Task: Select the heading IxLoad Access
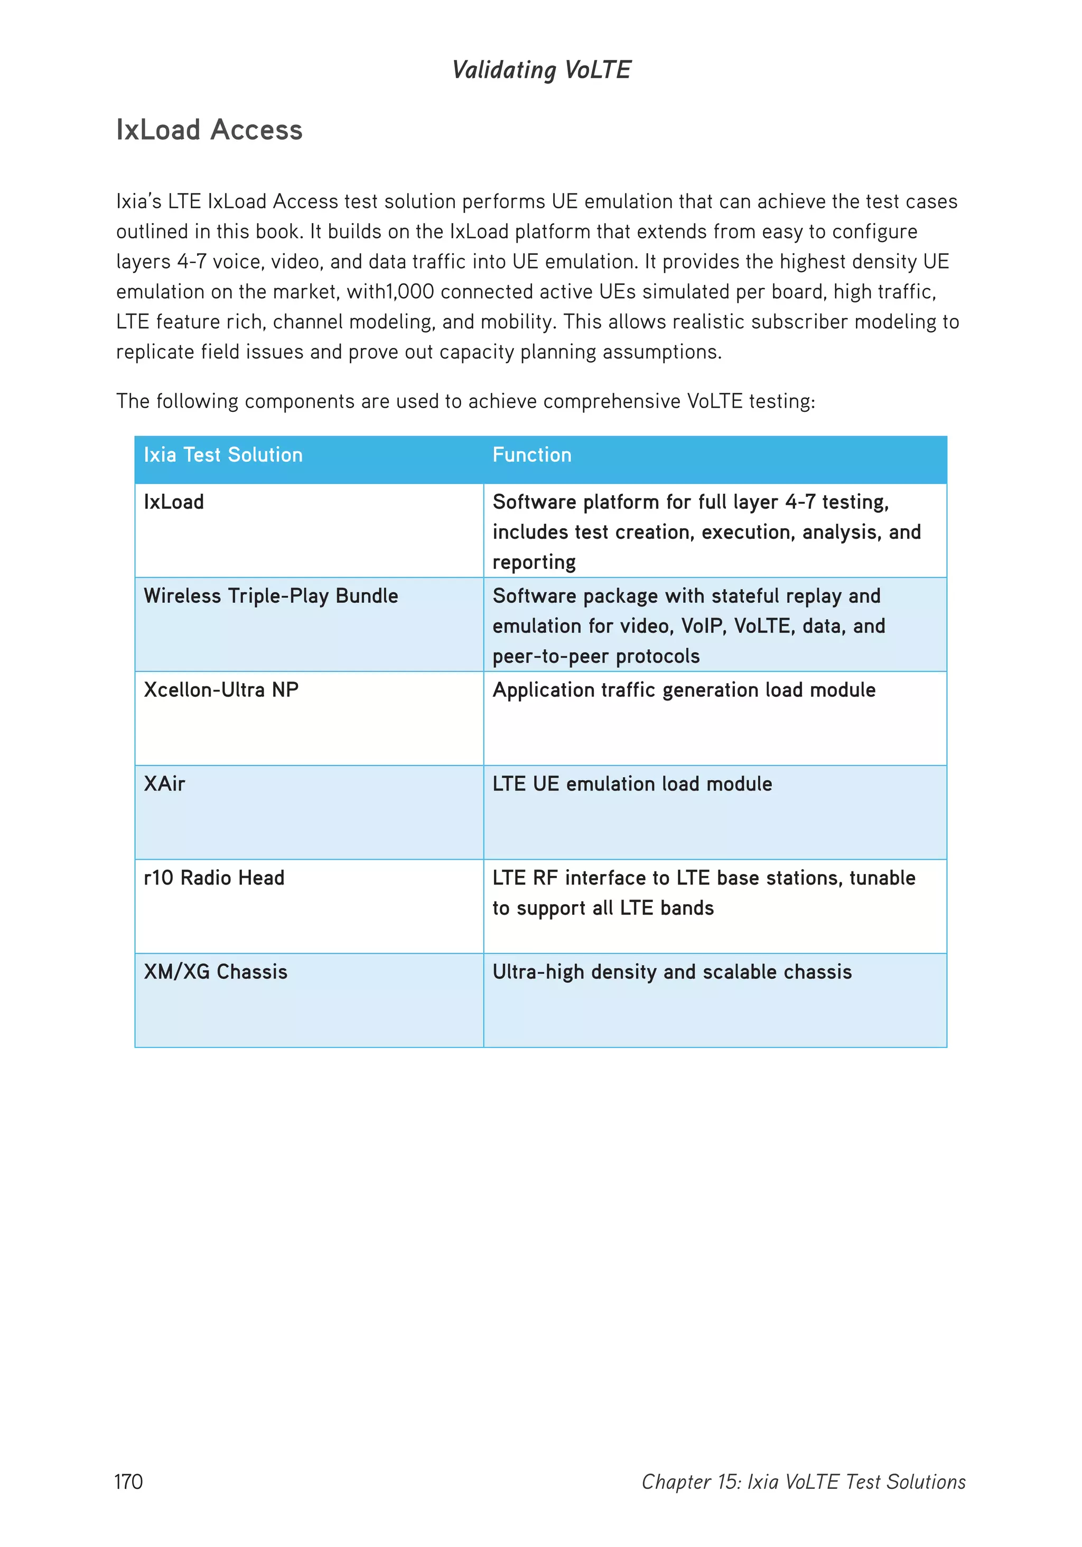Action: [209, 130]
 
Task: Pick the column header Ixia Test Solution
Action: [223, 455]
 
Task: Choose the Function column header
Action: [531, 455]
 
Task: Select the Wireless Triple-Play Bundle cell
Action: [270, 596]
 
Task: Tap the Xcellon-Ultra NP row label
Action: [221, 690]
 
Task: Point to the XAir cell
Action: [164, 784]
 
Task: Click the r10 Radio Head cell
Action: [214, 878]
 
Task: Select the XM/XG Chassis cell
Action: [216, 972]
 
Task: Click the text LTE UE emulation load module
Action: [631, 784]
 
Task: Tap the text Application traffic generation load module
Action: [684, 690]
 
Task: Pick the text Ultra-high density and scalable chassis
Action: [671, 972]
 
